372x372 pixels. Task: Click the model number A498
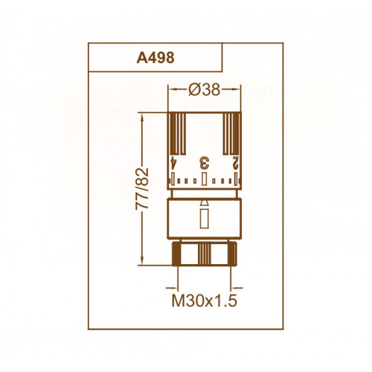(x=155, y=58)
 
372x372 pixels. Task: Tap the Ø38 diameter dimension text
(x=204, y=89)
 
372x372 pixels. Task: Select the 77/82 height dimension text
(x=142, y=189)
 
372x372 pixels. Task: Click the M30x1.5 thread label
(x=205, y=301)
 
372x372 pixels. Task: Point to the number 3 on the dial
(x=205, y=163)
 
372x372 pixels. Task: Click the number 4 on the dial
(x=173, y=163)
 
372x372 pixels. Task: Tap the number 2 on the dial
(x=235, y=163)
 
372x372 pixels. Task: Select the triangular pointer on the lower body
(x=204, y=203)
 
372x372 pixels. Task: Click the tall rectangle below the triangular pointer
(x=204, y=219)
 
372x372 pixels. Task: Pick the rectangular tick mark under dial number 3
(x=204, y=179)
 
